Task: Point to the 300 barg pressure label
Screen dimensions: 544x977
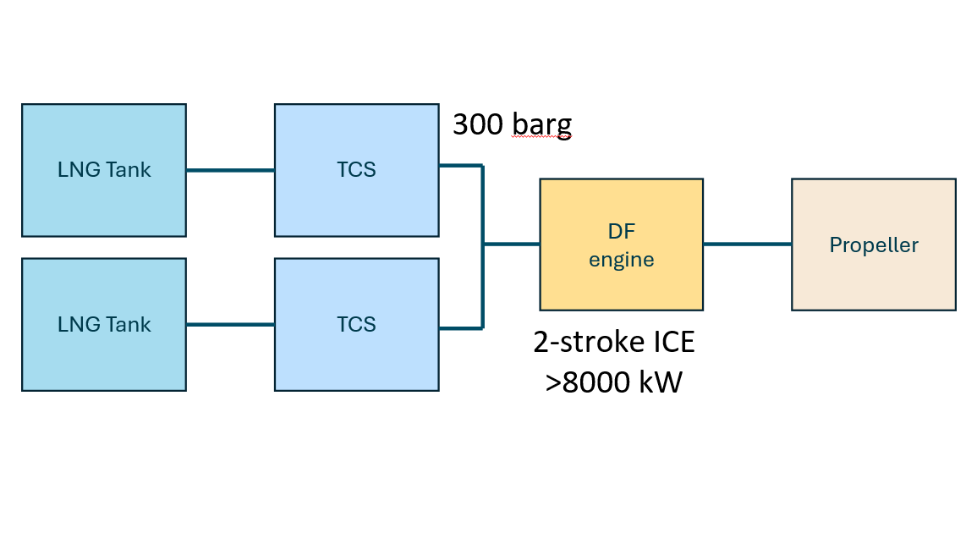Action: click(512, 125)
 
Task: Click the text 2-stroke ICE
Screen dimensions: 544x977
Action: click(614, 343)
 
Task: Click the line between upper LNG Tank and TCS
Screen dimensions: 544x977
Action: click(230, 170)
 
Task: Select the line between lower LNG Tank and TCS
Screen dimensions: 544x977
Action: click(230, 324)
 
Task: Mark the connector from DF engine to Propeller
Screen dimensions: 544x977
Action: click(747, 245)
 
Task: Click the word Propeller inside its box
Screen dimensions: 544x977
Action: click(873, 245)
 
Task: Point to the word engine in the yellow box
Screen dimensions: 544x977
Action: click(621, 260)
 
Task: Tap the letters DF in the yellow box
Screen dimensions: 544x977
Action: click(621, 230)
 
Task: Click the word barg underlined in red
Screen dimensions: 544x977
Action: click(541, 125)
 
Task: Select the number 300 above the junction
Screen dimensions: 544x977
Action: click(478, 125)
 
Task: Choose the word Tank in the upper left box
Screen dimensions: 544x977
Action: click(129, 170)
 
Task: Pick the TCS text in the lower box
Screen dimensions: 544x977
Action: click(356, 324)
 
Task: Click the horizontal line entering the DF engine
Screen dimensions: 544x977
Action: click(511, 245)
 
